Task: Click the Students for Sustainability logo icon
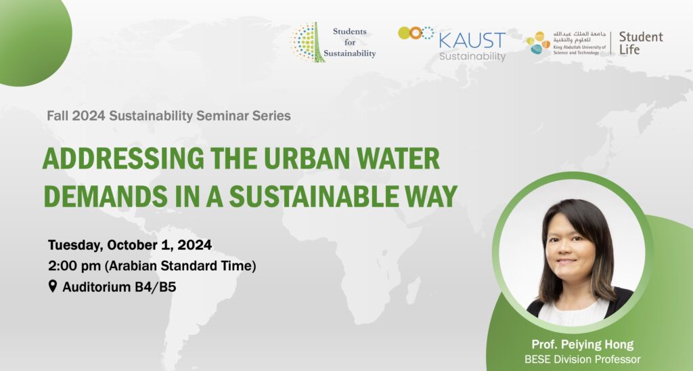click(x=308, y=42)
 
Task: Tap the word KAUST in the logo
click(x=472, y=41)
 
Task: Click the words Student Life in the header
click(x=641, y=43)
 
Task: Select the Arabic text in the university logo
click(x=579, y=37)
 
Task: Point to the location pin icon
click(x=53, y=286)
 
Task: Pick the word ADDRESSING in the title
click(x=123, y=158)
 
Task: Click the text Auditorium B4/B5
click(x=119, y=287)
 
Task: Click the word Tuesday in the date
click(x=75, y=246)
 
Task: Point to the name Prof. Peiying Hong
click(x=583, y=345)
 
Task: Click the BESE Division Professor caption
click(x=583, y=359)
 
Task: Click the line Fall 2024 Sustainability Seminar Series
click(x=169, y=116)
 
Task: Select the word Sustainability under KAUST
click(x=472, y=57)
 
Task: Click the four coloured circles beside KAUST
click(x=416, y=33)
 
